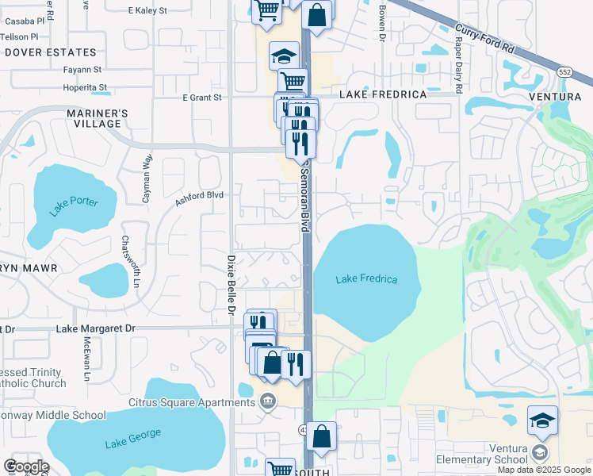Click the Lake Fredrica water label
tap(366, 279)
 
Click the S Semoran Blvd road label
tap(303, 194)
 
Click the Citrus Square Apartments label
tap(193, 402)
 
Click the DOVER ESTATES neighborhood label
tap(38, 52)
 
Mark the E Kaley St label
tap(147, 11)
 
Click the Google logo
tap(27, 466)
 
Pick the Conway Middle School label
tap(52, 415)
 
